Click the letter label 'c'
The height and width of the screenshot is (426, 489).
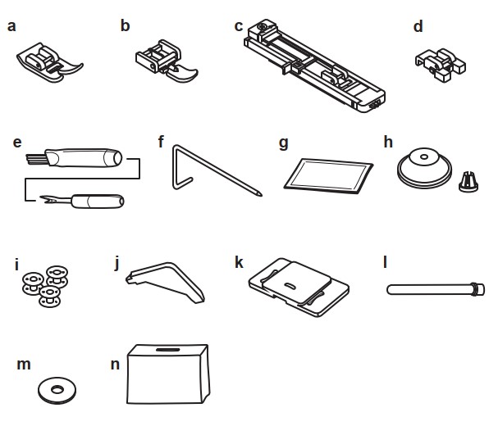pos(239,26)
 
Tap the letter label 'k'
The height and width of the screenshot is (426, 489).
pos(239,262)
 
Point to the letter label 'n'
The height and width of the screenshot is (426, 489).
pos(116,365)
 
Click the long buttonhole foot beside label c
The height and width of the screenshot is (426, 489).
pos(314,66)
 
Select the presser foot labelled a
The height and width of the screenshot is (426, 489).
pos(50,62)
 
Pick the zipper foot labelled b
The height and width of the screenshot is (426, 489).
pos(167,61)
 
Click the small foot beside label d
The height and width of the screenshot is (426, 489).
pos(441,65)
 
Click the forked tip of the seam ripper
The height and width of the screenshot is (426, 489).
pos(46,200)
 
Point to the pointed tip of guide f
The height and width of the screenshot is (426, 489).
pos(259,194)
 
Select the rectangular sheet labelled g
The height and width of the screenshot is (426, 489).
pos(328,176)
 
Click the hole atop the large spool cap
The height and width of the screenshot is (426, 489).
pos(424,156)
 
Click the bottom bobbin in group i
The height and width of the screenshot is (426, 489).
pos(50,297)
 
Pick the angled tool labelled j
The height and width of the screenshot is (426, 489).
pos(165,280)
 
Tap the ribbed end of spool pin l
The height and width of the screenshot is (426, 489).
pos(478,289)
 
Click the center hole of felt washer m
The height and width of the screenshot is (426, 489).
pos(57,389)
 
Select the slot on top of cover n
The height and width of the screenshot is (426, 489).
pos(168,350)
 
